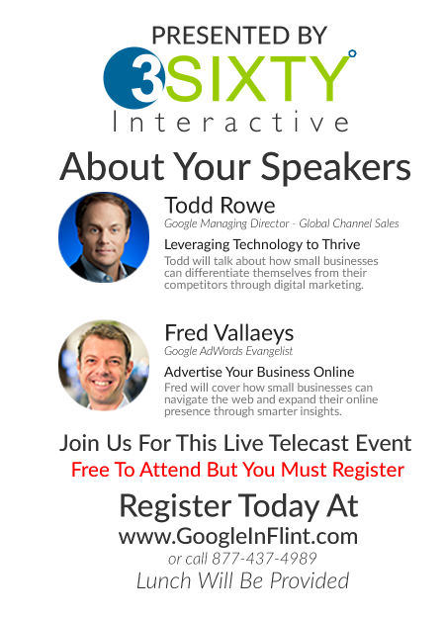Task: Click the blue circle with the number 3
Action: coord(133,78)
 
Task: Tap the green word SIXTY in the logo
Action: coord(257,78)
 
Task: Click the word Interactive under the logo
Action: coord(231,122)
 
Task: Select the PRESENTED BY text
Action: coord(239,36)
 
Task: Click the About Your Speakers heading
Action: coord(235,167)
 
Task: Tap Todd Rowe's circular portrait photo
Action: coord(104,237)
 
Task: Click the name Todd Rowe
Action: coord(220,205)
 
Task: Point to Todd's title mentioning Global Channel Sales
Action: coord(282,223)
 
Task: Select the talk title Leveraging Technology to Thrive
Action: coord(262,244)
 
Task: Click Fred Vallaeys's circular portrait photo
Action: coord(104,365)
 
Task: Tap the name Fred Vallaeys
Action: coord(229,333)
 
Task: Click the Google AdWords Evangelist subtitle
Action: coord(228,351)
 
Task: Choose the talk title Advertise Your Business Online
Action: coord(259,372)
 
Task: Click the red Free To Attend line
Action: coord(237,470)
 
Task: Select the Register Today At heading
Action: coord(239,505)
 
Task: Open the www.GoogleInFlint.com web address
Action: coord(238,537)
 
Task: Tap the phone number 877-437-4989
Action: coord(264,559)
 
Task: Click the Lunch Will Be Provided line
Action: coord(242,580)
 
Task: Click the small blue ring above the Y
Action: coord(352,53)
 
